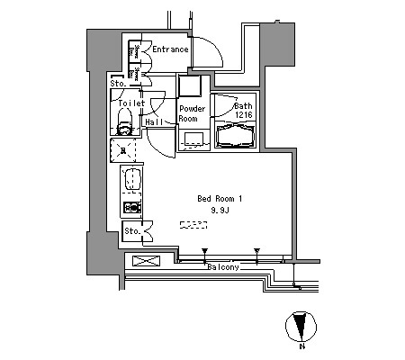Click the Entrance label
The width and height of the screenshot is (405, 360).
[170, 49]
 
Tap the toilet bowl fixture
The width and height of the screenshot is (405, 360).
[124, 122]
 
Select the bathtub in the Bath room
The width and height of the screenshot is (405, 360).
[236, 136]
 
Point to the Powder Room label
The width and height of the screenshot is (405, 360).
[192, 113]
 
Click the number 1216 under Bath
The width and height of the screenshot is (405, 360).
[244, 114]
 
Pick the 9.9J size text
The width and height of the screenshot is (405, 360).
[220, 211]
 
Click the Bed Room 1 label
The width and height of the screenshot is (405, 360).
[220, 199]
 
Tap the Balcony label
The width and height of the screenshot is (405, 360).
[223, 267]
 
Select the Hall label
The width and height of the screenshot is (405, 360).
[154, 121]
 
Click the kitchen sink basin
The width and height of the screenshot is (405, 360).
[132, 179]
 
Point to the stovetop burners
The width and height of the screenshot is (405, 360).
[132, 207]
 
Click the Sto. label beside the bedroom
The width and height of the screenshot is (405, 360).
[132, 231]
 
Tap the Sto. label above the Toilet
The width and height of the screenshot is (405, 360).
[118, 84]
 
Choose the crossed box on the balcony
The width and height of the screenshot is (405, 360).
[146, 261]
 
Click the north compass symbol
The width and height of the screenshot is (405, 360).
[301, 327]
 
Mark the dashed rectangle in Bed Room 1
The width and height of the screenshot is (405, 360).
[193, 225]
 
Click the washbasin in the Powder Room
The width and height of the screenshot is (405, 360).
[193, 139]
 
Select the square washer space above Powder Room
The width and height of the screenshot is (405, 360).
[190, 85]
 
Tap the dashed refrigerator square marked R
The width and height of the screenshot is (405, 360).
[122, 150]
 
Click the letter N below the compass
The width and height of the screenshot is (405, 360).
[302, 346]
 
